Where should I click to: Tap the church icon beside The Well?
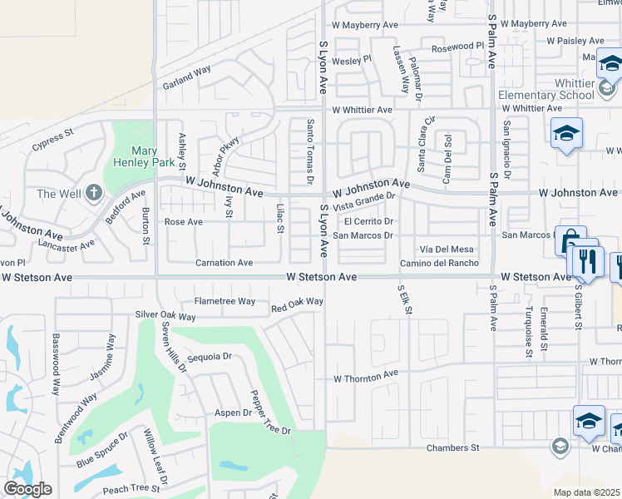pyautogui.click(x=92, y=193)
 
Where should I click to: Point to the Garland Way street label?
pyautogui.click(x=187, y=79)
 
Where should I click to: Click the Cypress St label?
pyautogui.click(x=53, y=138)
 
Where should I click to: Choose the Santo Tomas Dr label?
pyautogui.click(x=309, y=151)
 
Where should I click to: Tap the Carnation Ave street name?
pyautogui.click(x=224, y=263)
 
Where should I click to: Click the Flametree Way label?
pyautogui.click(x=225, y=302)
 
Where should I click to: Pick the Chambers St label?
pyautogui.click(x=453, y=447)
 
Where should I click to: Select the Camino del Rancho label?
pyautogui.click(x=439, y=263)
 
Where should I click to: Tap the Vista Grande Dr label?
pyautogui.click(x=363, y=200)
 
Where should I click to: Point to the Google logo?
pyautogui.click(x=27, y=489)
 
